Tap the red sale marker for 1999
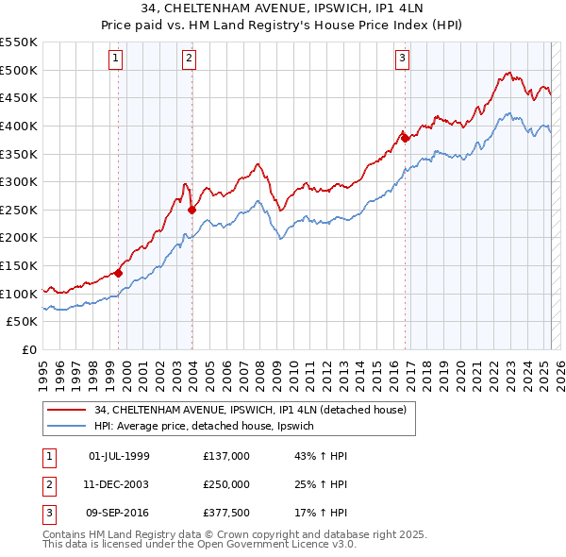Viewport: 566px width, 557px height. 119,273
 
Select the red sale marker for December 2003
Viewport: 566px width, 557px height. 191,210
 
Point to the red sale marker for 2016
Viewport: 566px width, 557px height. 405,138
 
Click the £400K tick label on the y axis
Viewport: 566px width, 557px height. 19,126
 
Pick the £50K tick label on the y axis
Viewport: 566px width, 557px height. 23,322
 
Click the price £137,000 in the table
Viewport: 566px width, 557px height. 225,456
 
